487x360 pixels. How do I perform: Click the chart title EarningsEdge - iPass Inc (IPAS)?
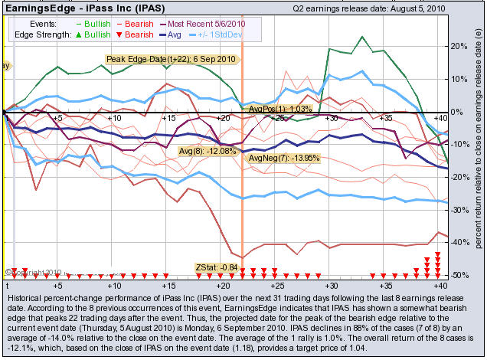(80, 8)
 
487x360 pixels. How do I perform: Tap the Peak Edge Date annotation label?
(172, 59)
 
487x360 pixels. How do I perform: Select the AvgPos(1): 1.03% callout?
(280, 110)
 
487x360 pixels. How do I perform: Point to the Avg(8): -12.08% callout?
(208, 151)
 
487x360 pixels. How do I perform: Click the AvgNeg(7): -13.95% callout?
(285, 157)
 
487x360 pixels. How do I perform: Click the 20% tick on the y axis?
(456, 46)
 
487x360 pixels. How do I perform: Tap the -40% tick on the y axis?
(456, 242)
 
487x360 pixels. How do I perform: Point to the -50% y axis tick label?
(456, 274)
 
